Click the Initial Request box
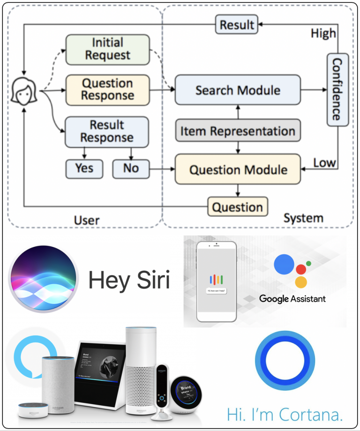(x=107, y=49)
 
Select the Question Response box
(x=107, y=89)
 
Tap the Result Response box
(x=106, y=131)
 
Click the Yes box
(x=84, y=168)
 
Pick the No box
(x=131, y=168)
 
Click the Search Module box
(x=238, y=90)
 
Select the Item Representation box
(x=238, y=131)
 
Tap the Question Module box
(x=238, y=169)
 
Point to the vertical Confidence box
(x=337, y=89)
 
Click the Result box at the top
(x=237, y=24)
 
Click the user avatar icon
(x=24, y=90)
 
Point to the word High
(x=323, y=34)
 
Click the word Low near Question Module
(x=324, y=163)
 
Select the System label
(x=303, y=218)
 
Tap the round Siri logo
(x=43, y=279)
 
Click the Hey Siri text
(x=129, y=280)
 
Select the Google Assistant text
(x=292, y=298)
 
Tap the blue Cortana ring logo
(x=285, y=361)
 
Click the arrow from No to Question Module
(x=162, y=169)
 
